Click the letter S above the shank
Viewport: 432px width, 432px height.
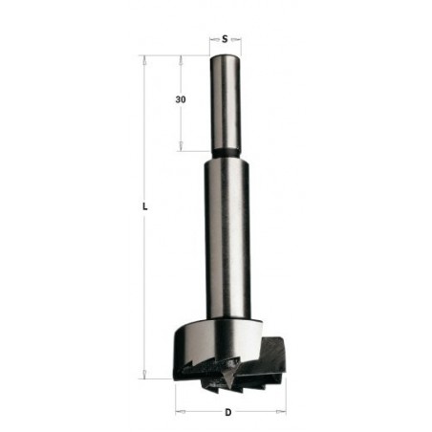pyautogui.click(x=224, y=39)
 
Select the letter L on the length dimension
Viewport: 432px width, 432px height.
pyautogui.click(x=142, y=205)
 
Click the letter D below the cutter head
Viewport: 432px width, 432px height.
pyautogui.click(x=226, y=412)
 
